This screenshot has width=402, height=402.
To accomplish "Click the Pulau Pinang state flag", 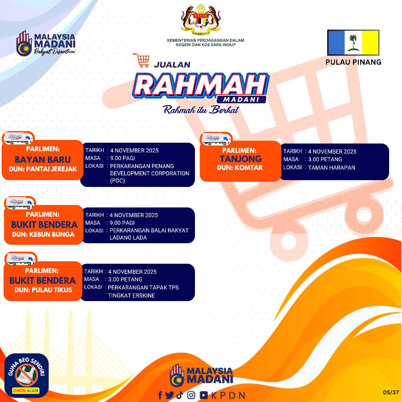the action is coord(353,43).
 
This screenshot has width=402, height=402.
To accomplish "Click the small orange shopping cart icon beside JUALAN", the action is coord(141,60).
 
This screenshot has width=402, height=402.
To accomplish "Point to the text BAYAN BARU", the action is coord(43,160).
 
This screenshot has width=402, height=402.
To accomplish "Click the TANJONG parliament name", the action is coord(240,159).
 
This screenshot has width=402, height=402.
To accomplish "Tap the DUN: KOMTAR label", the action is coord(240,168).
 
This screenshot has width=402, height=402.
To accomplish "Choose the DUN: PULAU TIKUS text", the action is coord(43,290).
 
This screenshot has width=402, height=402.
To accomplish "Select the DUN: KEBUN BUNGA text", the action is coord(43,234).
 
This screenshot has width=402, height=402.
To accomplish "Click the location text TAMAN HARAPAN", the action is coord(332,168).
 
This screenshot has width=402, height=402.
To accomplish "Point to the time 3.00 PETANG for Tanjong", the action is coord(325,159).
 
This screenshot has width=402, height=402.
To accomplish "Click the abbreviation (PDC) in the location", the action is coord(117,181).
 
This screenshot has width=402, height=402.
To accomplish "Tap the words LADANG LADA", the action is coord(128,238).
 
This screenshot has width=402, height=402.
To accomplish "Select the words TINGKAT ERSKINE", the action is coord(131,295).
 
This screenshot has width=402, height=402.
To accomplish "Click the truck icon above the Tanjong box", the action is coord(216,139).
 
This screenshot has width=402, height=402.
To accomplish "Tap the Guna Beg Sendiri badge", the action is coord(27,375).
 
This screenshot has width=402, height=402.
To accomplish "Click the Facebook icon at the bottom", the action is coord(160,395).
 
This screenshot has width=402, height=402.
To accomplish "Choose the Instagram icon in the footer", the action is coord(191,395).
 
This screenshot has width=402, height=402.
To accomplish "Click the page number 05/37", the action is coord(391,392).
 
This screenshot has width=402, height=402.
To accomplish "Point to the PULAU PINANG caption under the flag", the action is coord(353,62).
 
